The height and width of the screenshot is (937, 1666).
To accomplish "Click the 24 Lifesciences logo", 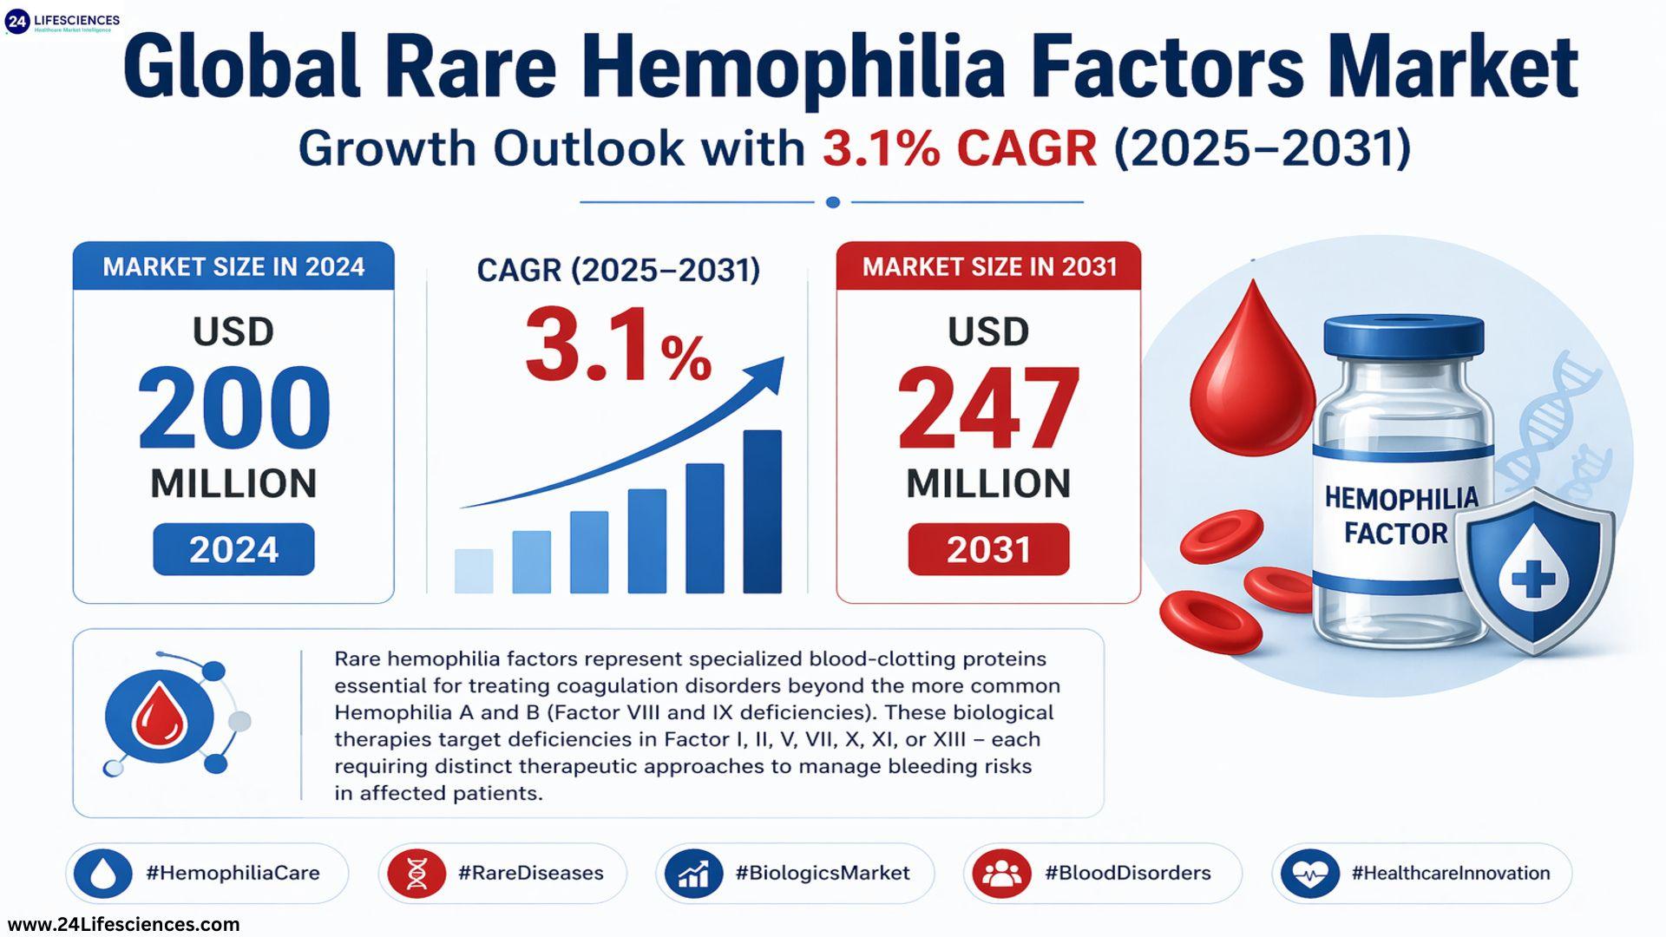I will click(x=62, y=21).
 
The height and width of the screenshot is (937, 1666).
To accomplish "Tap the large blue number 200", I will click(x=233, y=409).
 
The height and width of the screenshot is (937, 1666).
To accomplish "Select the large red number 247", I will click(x=988, y=409).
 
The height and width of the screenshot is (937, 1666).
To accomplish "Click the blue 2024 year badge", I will click(x=233, y=549).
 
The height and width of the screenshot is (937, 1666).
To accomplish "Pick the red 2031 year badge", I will click(x=988, y=549).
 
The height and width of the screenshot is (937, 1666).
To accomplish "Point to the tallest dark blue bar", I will click(x=762, y=512).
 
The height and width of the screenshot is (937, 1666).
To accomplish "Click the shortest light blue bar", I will click(x=474, y=571).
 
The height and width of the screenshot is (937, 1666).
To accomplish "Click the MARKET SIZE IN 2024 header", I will click(x=233, y=266).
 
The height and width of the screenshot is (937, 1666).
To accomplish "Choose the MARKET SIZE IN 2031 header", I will click(x=989, y=266).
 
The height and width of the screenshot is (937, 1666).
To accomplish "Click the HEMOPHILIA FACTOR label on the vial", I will click(x=1399, y=515).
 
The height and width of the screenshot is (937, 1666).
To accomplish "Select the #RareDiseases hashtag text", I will click(x=530, y=873).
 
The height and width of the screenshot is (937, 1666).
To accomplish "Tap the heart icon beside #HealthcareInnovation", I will click(x=1309, y=873).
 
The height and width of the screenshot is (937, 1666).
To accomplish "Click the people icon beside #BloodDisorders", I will click(x=1002, y=873).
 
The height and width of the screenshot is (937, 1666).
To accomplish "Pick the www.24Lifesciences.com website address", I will click(x=123, y=925).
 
